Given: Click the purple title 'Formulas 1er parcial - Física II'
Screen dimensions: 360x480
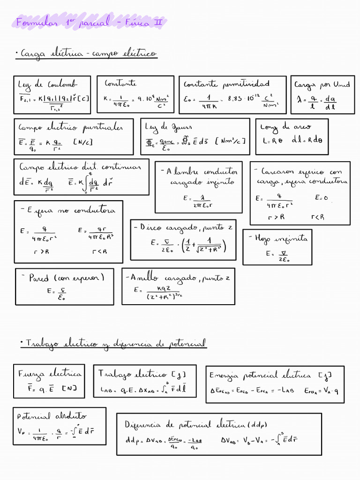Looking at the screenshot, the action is (x=90, y=22).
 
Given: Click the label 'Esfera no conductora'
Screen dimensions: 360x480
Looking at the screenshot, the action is (x=68, y=210).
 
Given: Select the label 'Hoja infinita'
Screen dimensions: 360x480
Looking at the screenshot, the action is (x=278, y=238).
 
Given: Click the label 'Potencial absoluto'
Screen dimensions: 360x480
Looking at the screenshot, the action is (x=52, y=416).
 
